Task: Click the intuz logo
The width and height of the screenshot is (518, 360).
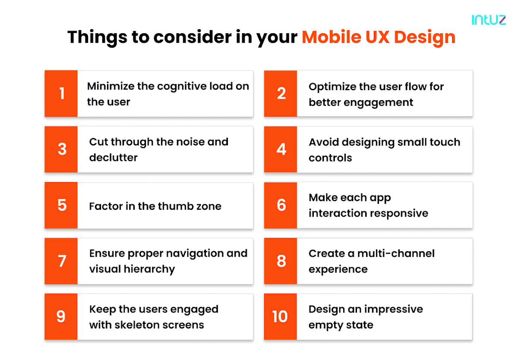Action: (x=489, y=20)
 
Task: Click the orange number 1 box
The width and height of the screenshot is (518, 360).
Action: (x=61, y=93)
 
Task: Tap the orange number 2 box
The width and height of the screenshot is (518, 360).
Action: (x=281, y=93)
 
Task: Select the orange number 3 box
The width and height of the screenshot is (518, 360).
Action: (x=61, y=149)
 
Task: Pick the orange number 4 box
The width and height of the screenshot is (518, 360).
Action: (x=281, y=149)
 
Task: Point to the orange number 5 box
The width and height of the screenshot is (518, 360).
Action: (x=61, y=205)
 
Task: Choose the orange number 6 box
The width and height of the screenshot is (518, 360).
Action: (x=281, y=205)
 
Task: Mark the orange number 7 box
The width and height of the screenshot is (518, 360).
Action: (x=61, y=261)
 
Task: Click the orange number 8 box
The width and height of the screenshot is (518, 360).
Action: (x=281, y=261)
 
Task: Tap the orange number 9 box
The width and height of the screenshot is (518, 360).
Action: (x=61, y=317)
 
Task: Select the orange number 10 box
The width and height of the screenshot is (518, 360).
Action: (x=281, y=317)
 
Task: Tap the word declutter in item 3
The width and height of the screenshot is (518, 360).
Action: (x=113, y=158)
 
